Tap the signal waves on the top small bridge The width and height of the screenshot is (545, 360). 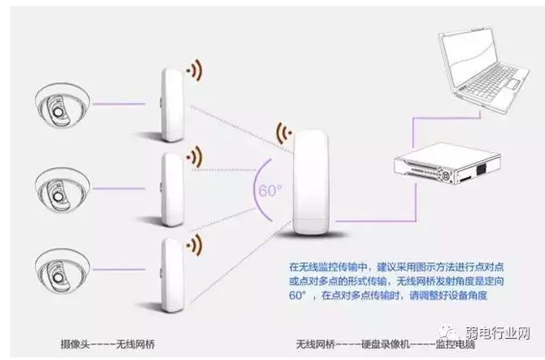click(195, 69)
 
